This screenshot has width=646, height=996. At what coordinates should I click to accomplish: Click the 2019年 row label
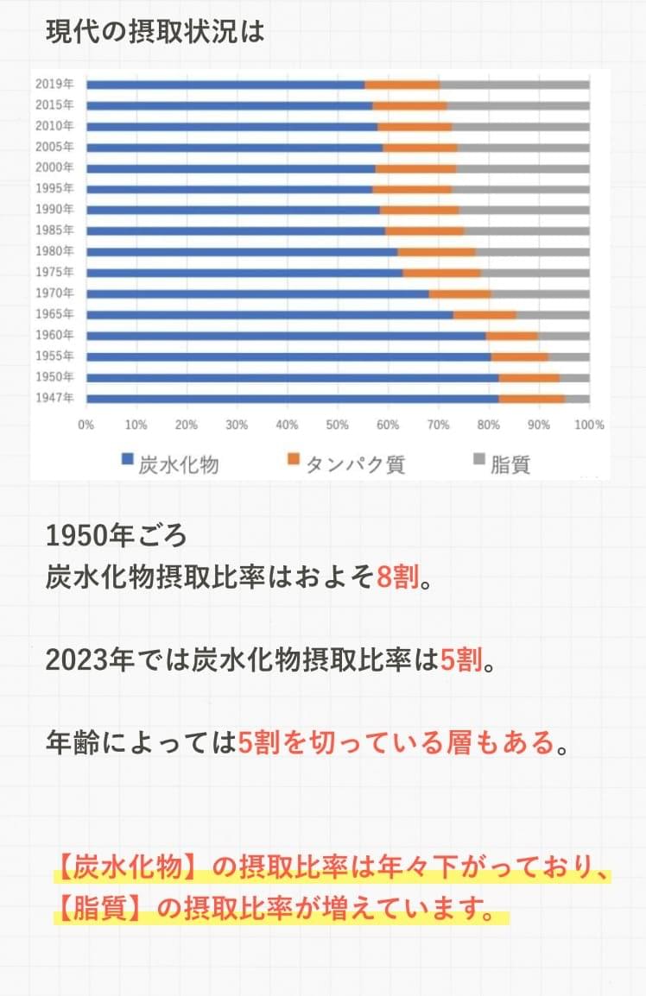click(x=54, y=84)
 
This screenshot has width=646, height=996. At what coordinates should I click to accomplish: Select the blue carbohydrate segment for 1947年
click(x=293, y=398)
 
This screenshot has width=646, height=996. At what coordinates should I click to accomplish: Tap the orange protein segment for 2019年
click(x=402, y=84)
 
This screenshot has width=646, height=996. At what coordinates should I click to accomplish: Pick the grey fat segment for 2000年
click(x=522, y=167)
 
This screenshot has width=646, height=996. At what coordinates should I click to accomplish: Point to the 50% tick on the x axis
click(x=338, y=425)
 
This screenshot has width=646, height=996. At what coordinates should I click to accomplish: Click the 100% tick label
click(x=589, y=425)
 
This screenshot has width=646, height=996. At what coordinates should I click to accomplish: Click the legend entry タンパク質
click(x=355, y=464)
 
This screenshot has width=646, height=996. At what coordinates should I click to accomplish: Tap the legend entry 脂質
click(x=510, y=464)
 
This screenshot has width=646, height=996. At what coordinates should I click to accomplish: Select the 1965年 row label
click(x=54, y=314)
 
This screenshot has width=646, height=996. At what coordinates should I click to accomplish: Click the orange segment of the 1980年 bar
click(x=436, y=252)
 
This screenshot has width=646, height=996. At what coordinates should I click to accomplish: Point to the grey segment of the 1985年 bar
click(x=526, y=230)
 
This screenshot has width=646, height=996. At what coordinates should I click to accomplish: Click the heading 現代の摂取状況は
click(x=155, y=33)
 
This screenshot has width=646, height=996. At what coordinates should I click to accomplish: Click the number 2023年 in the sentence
click(x=83, y=660)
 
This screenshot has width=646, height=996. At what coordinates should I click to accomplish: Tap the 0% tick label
click(x=86, y=425)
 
